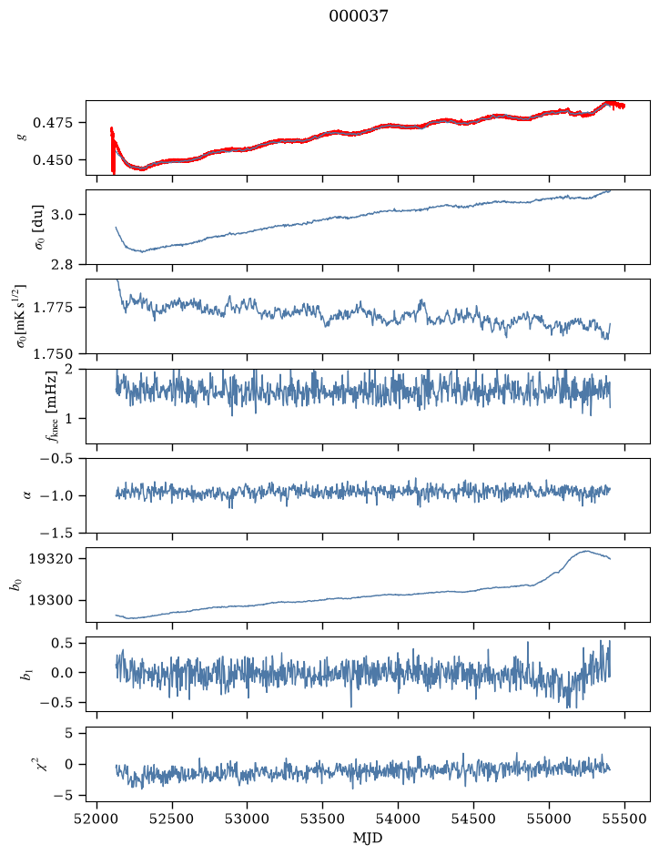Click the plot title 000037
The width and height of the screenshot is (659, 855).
click(358, 16)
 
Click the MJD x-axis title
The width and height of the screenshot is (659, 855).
click(368, 838)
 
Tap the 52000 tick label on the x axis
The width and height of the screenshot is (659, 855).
click(97, 819)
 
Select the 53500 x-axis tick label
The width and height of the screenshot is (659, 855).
click(323, 819)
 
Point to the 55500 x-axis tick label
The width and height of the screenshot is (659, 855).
click(624, 819)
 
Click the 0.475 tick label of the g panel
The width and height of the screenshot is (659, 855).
click(52, 123)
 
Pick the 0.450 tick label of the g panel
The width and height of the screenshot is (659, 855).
click(52, 160)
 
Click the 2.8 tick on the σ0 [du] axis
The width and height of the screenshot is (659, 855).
click(62, 264)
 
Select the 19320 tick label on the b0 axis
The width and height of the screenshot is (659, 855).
click(50, 559)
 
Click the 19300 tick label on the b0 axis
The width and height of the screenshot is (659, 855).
click(50, 600)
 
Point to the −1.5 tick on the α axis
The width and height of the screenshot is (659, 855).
click(56, 533)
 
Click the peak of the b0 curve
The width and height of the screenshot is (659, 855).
click(586, 551)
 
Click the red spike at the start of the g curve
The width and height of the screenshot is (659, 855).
click(113, 150)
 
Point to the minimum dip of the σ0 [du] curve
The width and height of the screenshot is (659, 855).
click(143, 251)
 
